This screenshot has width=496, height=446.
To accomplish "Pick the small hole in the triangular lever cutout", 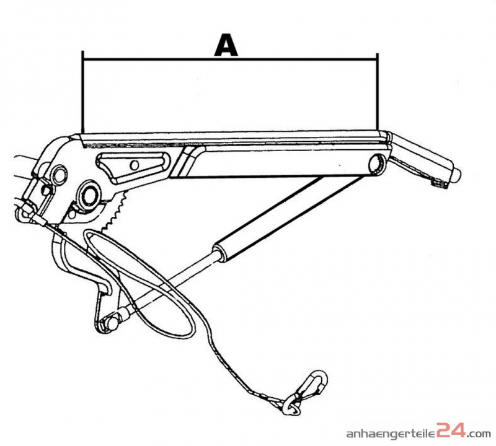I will pyautogui.click(x=135, y=165).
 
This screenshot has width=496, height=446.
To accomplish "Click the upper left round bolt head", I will pyautogui.click(x=59, y=175).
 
